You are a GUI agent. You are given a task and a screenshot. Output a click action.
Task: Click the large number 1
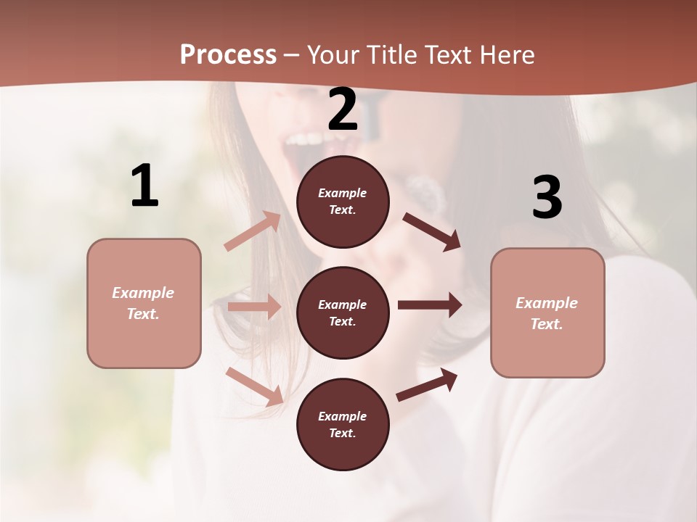144,186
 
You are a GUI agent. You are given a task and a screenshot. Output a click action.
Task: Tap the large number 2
343,109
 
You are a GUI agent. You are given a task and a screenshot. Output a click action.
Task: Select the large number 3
547,197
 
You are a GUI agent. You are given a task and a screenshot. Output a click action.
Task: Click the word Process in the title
228,54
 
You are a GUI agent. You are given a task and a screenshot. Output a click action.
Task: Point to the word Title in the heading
389,54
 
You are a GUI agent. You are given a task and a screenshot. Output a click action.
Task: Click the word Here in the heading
505,54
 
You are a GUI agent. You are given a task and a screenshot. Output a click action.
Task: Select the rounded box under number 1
144,303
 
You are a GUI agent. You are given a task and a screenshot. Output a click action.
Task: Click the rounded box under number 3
547,312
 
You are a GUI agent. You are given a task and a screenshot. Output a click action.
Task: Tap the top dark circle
343,202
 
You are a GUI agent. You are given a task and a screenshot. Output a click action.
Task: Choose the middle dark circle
343,312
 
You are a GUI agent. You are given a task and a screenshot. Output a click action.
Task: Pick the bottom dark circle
343,424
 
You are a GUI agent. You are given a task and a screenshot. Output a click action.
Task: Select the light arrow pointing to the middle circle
254,307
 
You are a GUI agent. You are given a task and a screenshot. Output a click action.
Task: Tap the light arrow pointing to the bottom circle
255,386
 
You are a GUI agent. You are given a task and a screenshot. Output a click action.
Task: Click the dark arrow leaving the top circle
432,231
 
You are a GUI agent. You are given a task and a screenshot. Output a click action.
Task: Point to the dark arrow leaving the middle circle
430,305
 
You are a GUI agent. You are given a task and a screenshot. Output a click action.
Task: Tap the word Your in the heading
333,54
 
